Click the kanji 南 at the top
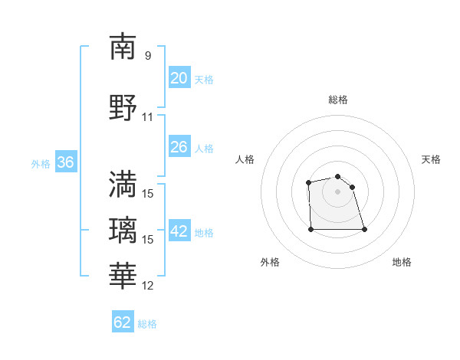(123, 47)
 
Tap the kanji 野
(123, 108)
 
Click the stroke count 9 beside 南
(148, 56)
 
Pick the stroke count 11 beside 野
(148, 117)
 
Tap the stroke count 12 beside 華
(148, 286)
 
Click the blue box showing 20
(179, 77)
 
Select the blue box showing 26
(179, 146)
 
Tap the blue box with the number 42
(179, 231)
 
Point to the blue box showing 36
(65, 162)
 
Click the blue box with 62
(123, 322)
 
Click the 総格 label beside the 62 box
(147, 324)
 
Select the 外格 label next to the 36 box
(41, 164)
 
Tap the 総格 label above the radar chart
(338, 100)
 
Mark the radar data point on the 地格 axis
(363, 229)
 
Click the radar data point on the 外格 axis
(311, 228)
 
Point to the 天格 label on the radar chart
(431, 159)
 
